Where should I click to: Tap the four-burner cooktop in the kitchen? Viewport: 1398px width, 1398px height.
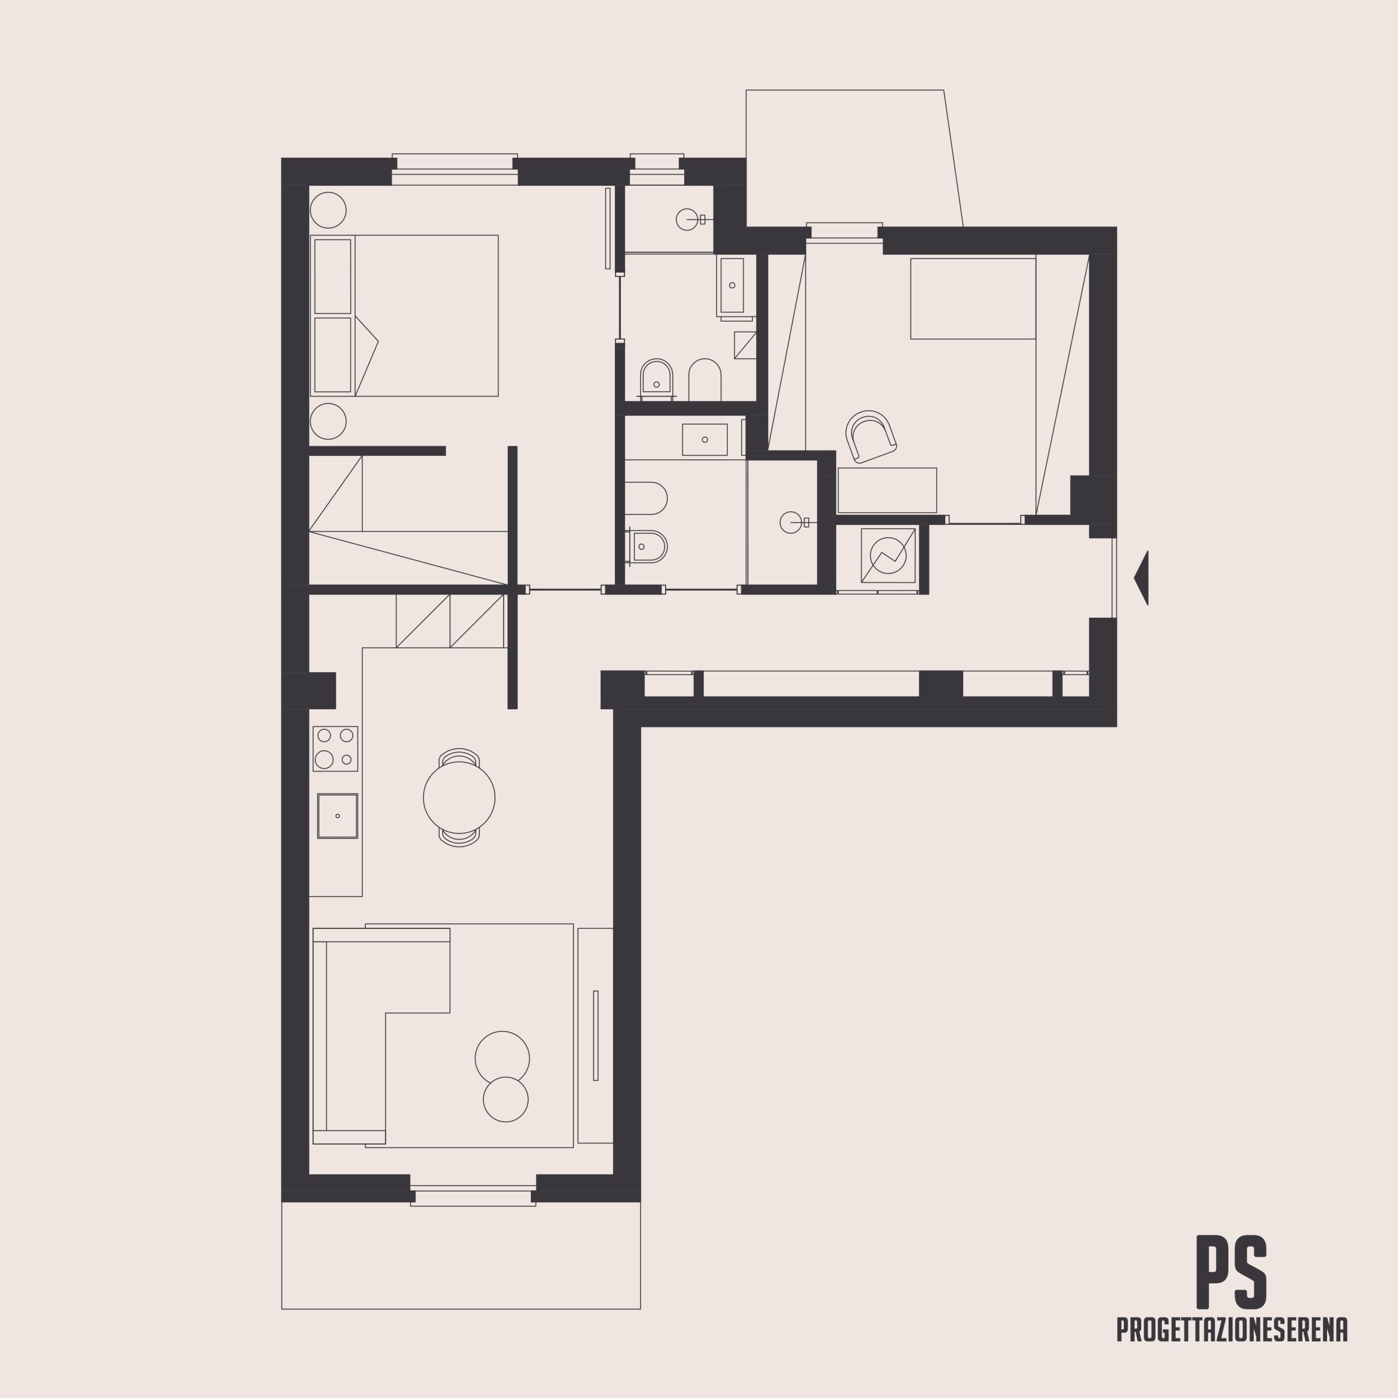click(x=335, y=748)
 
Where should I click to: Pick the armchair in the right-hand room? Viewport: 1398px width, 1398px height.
click(x=870, y=436)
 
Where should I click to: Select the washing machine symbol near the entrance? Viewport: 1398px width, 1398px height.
click(x=888, y=555)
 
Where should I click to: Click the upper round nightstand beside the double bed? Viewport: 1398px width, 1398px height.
click(x=328, y=211)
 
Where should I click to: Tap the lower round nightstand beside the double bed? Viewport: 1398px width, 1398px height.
click(x=328, y=421)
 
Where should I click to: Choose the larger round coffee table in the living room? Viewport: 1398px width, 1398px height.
click(x=502, y=1058)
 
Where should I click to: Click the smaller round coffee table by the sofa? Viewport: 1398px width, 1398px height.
click(x=506, y=1099)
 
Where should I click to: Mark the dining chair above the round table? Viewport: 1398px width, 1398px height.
click(x=459, y=756)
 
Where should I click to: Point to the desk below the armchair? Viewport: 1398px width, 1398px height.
click(x=887, y=490)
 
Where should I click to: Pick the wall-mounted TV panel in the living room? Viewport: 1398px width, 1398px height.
click(x=596, y=1035)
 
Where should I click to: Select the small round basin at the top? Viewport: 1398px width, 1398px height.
click(x=686, y=219)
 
